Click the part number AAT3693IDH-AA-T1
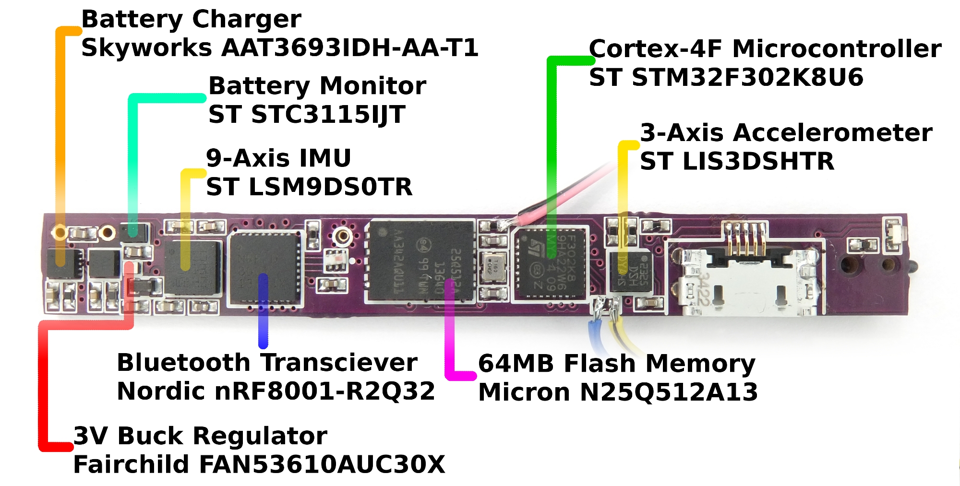coord(349,48)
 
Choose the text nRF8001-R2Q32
coord(324,391)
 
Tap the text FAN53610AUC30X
coord(322,464)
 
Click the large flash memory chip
coord(421,261)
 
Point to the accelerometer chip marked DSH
coord(631,271)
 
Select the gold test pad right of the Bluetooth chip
coord(342,235)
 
